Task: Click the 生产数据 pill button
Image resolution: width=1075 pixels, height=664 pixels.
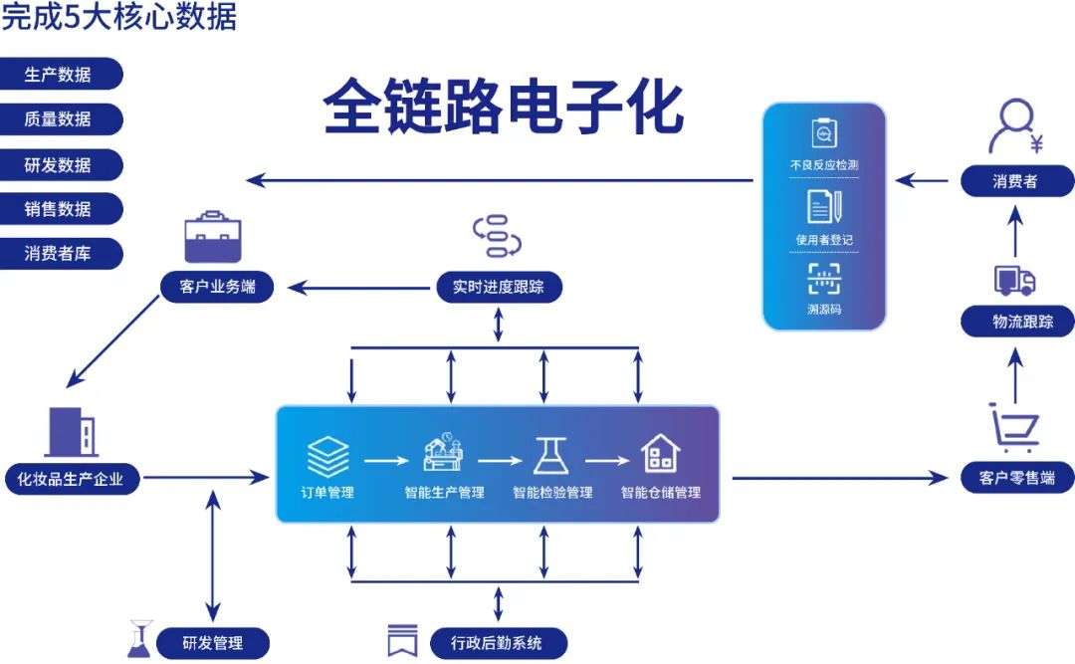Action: (60, 74)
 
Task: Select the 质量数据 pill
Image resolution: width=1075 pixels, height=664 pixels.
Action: (60, 119)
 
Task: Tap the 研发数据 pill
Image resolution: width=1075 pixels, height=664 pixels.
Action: (60, 164)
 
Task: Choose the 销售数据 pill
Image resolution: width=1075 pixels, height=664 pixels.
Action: (60, 209)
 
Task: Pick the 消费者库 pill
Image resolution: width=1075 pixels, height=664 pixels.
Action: (60, 254)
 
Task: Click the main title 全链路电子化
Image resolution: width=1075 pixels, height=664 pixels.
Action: (503, 108)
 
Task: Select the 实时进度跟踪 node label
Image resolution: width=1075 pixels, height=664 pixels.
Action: (499, 288)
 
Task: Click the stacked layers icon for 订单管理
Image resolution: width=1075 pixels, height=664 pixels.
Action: (327, 457)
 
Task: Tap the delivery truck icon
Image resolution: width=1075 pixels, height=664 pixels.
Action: (1014, 281)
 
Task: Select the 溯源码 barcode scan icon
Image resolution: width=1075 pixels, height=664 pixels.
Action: (824, 280)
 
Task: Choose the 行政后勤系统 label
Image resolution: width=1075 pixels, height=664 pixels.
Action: (499, 643)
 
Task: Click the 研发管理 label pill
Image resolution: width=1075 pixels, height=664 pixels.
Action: (212, 643)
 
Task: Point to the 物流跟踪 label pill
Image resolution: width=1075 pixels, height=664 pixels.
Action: (1017, 323)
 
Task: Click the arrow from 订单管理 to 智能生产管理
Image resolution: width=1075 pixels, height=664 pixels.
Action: (386, 460)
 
